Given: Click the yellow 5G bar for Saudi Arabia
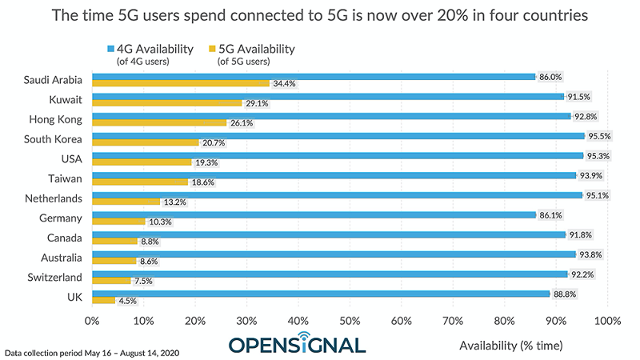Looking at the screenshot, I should [180, 83].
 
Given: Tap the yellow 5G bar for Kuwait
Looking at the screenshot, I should [166, 103].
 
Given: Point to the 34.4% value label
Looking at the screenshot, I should [283, 84].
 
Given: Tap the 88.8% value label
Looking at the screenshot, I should [564, 294].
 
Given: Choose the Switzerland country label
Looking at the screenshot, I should [54, 276].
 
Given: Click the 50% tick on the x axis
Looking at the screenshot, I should [350, 320].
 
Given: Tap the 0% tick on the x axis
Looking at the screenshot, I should [92, 320].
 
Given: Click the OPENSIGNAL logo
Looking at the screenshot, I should [297, 343].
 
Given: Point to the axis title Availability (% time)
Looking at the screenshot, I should [511, 346].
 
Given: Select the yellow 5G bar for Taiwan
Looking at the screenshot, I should [140, 182].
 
